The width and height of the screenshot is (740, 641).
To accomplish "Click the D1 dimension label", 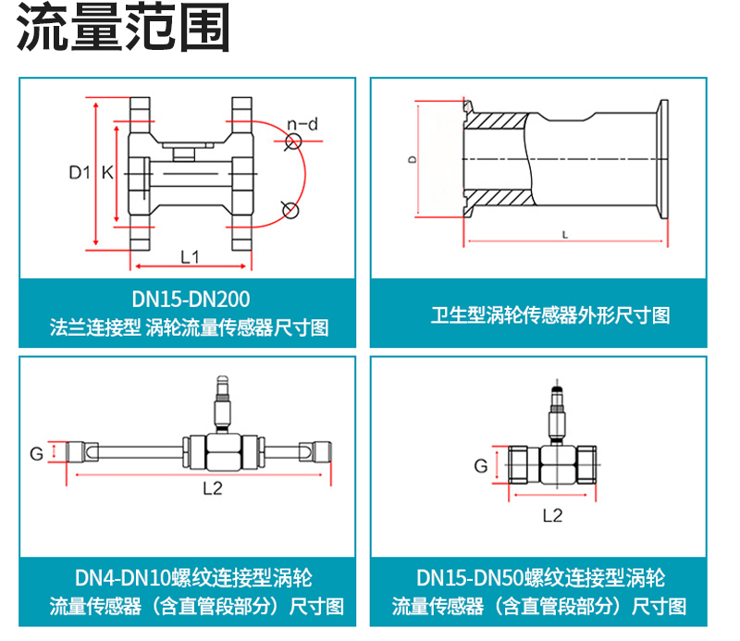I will [79, 172].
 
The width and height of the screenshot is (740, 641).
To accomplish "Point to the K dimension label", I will [107, 172].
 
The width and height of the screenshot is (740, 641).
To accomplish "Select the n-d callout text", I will [302, 123].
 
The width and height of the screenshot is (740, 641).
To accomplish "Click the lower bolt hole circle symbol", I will [290, 209].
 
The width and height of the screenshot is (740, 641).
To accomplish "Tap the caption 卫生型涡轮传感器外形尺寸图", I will [549, 315].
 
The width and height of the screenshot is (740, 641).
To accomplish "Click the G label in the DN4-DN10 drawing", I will [37, 453].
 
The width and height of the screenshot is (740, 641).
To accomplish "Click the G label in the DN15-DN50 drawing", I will [481, 466].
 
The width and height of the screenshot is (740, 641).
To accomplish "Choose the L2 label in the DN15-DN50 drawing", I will [552, 515].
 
